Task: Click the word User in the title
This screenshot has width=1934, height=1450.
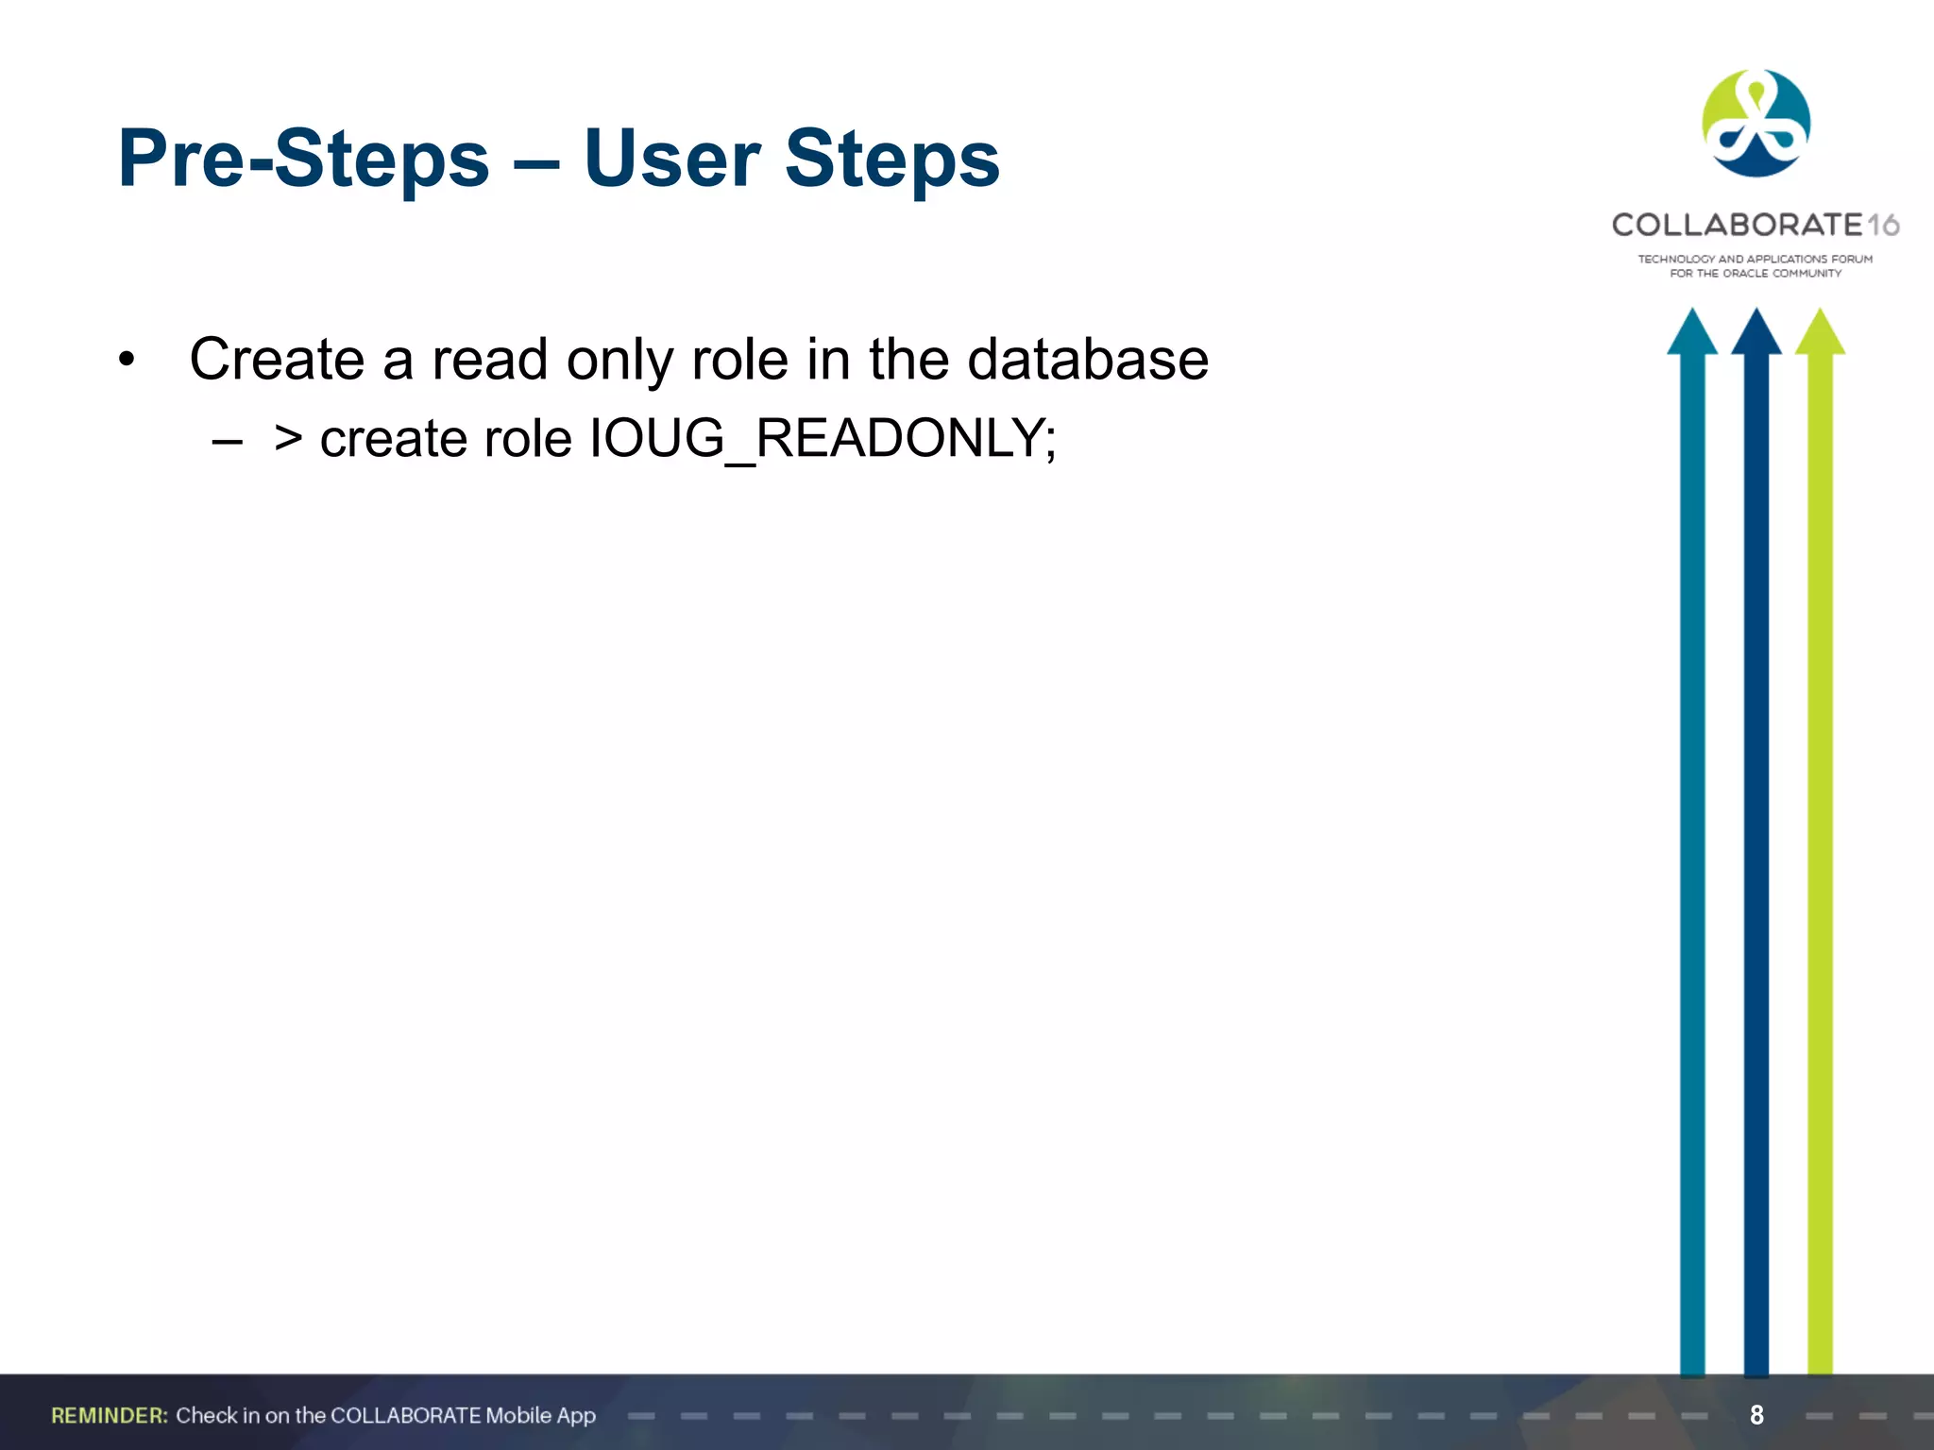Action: (671, 159)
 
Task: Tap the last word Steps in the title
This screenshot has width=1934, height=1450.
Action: (891, 159)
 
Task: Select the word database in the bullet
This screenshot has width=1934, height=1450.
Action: (1088, 360)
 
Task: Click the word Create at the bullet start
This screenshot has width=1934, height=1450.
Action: (276, 360)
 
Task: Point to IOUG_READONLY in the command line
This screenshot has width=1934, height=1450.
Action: (822, 439)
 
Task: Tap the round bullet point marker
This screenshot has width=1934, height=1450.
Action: (127, 361)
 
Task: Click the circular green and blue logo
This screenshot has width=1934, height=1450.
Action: (1756, 124)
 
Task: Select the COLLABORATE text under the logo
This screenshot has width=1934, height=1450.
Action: (1737, 225)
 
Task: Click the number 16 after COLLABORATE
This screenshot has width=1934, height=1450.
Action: (1883, 226)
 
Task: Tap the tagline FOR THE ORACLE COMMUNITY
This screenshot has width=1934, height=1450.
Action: (1756, 274)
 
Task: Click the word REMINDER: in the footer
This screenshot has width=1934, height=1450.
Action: (110, 1415)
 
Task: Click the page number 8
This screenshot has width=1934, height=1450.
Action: (1756, 1415)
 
